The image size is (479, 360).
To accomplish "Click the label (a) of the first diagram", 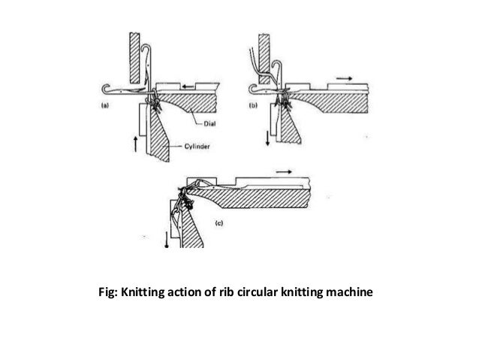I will coord(104,106).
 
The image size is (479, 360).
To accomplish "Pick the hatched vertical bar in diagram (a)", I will coord(135,56).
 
